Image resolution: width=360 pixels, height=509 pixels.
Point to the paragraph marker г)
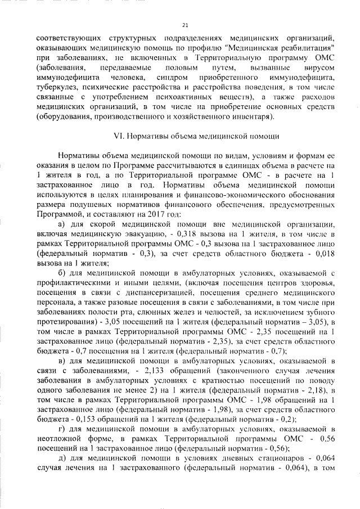[62, 430]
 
